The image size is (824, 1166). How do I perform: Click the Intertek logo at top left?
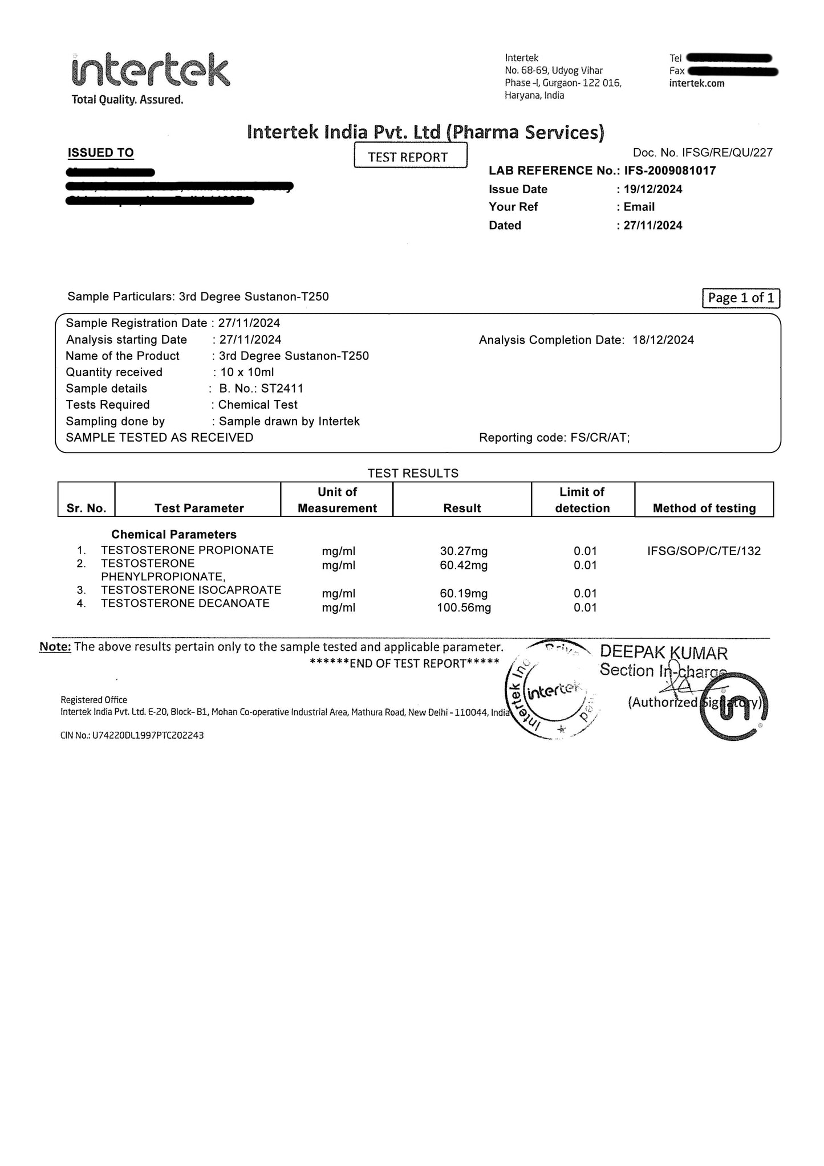click(151, 72)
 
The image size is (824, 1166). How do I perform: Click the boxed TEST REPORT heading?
click(410, 156)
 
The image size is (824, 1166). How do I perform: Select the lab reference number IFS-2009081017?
click(669, 170)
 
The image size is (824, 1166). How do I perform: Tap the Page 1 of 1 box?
click(740, 298)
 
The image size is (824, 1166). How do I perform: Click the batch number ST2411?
click(282, 389)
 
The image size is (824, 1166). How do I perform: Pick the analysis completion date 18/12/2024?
click(663, 340)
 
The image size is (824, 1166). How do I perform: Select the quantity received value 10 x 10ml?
click(247, 372)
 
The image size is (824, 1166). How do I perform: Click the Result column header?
click(462, 508)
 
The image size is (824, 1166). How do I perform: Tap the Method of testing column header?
click(704, 508)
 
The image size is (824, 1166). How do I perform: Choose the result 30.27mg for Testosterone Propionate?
click(464, 551)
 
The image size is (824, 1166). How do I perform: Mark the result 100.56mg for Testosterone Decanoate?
click(464, 608)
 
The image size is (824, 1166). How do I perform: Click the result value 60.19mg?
click(464, 593)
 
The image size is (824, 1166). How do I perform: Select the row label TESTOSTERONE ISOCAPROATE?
click(190, 590)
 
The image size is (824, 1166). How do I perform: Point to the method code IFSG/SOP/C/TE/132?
click(704, 551)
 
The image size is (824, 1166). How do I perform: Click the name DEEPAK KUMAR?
click(663, 653)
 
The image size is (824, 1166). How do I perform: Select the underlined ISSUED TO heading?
click(100, 153)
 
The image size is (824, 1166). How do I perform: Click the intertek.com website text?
click(696, 84)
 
